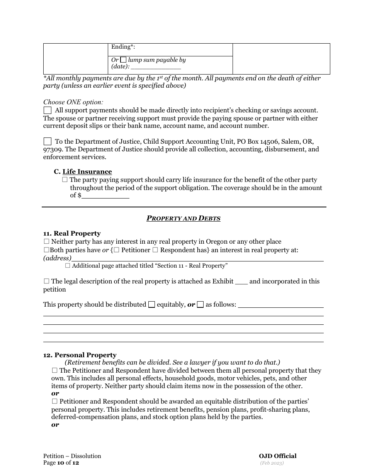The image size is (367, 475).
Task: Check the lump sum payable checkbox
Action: click(123, 60)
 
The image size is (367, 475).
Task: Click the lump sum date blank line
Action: click(156, 67)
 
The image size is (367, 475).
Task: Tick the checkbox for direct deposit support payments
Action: click(48, 110)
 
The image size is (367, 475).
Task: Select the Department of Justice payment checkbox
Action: click(48, 141)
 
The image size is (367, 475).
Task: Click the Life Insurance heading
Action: click(87, 172)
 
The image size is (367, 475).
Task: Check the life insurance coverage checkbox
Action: click(65, 180)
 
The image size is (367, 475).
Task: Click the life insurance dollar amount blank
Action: click(105, 196)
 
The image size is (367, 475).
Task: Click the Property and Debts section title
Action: click(183, 218)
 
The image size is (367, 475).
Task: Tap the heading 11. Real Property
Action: click(72, 234)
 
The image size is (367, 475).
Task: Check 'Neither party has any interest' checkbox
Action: click(46, 242)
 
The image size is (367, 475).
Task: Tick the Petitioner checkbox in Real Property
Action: click(117, 250)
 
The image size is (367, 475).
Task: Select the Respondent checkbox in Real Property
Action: click(155, 250)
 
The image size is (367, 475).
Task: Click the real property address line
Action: click(197, 258)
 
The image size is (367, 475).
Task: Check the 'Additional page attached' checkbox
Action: click(68, 266)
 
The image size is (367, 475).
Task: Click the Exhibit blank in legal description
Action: click(241, 282)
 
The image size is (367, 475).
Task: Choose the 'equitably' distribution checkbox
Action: click(151, 305)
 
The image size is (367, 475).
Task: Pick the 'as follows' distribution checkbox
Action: click(200, 305)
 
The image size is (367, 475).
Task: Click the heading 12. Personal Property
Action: click(80, 355)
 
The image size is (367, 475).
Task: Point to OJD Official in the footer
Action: click(277, 456)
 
